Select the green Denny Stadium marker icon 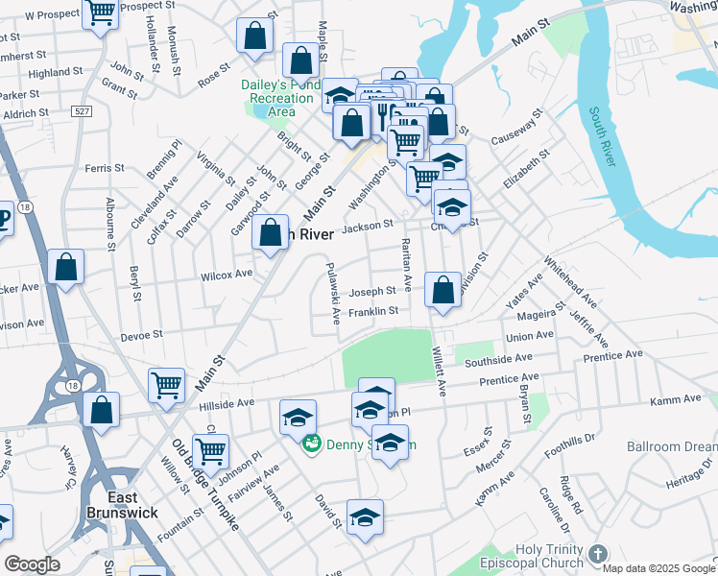(311, 444)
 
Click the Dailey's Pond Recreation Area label (280, 98)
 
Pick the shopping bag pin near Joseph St (443, 290)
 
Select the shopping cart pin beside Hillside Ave (167, 386)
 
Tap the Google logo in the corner (32, 564)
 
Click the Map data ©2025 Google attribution (659, 568)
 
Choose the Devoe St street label (141, 335)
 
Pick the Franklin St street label (373, 311)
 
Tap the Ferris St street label (105, 167)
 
